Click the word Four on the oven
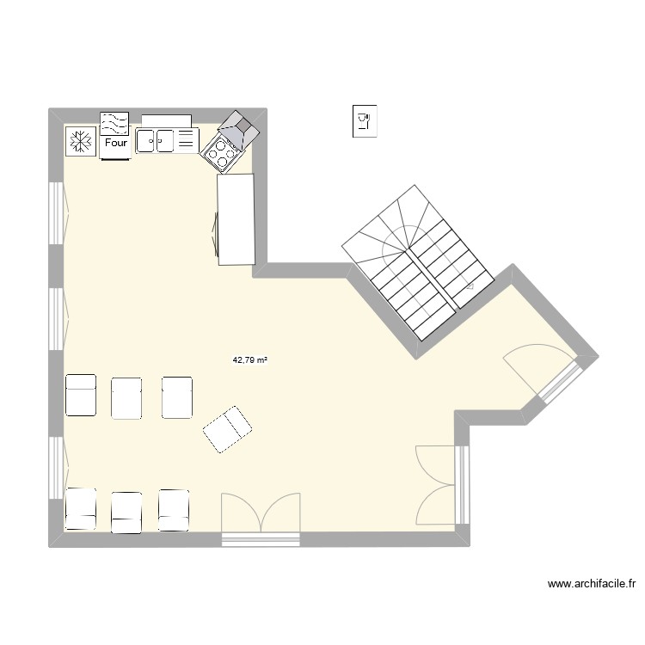pos(115,143)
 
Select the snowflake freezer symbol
pos(80,141)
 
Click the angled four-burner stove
pos(222,152)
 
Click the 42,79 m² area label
pos(250,361)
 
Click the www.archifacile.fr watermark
pos(592,585)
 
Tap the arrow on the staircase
pos(471,284)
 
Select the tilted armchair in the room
pos(227,428)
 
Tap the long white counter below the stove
pos(236,218)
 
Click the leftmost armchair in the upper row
pos(81,396)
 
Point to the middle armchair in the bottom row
pos(126,510)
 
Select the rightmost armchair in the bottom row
pos(173,508)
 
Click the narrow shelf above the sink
pos(166,120)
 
